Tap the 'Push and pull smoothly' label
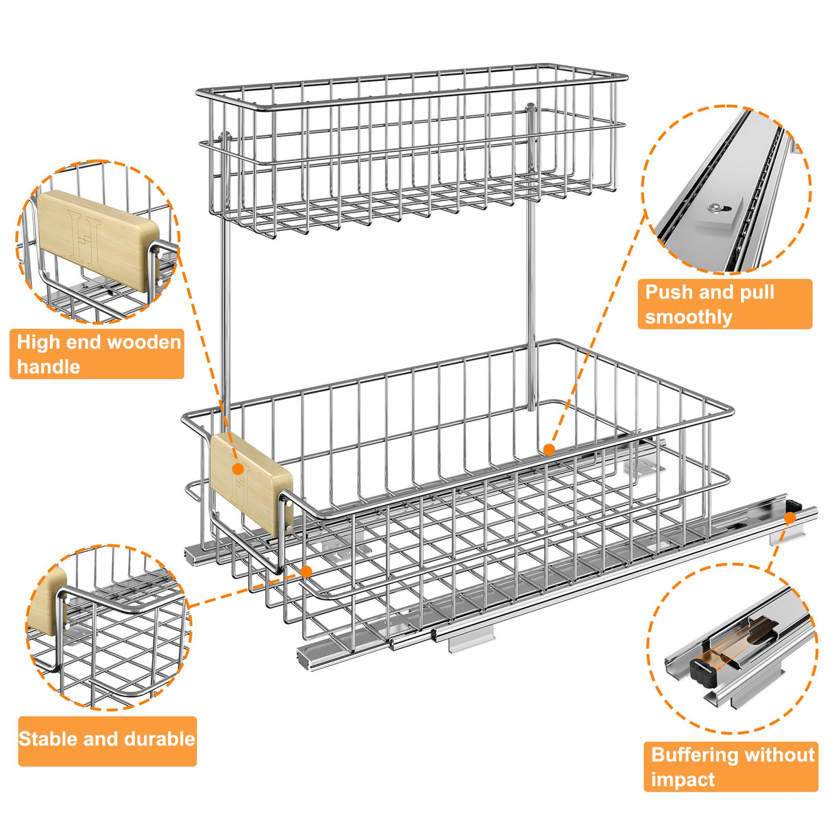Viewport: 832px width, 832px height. click(724, 304)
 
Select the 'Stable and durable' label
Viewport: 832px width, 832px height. click(107, 740)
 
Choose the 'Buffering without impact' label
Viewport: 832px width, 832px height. click(731, 767)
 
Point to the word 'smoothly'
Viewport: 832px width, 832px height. click(688, 317)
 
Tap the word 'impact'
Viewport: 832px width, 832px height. click(683, 780)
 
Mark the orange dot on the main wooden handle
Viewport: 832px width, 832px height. click(238, 469)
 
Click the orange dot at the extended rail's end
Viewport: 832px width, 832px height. click(790, 519)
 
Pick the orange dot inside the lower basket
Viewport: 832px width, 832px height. click(548, 450)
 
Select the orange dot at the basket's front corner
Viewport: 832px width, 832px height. click(306, 571)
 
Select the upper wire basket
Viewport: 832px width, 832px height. click(411, 151)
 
